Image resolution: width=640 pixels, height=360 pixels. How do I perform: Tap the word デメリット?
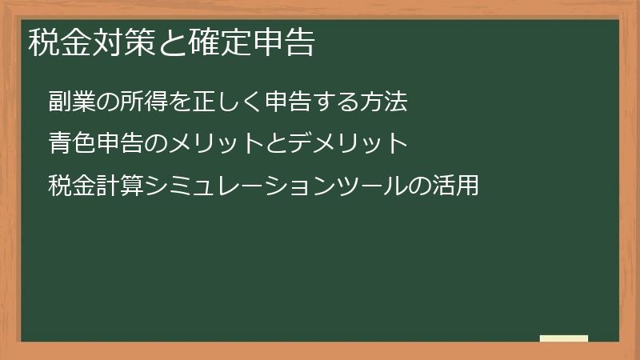[349, 144]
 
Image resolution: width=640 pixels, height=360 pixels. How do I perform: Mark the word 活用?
[458, 186]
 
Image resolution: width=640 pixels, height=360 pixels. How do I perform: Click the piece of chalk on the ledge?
[564, 338]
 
